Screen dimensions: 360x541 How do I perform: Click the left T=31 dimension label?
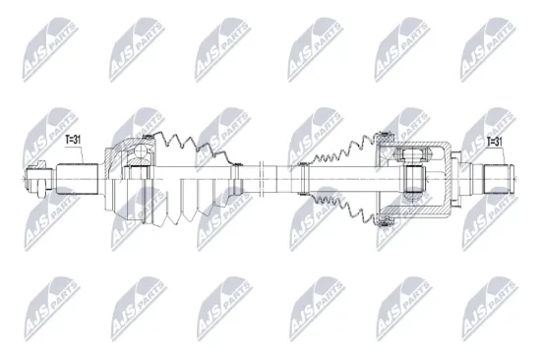75,142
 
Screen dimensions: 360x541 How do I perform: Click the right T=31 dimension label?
494,142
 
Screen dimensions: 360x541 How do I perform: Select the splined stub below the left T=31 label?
79,177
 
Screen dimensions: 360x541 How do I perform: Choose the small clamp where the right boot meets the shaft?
304,178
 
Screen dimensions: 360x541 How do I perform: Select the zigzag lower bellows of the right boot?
340,207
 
